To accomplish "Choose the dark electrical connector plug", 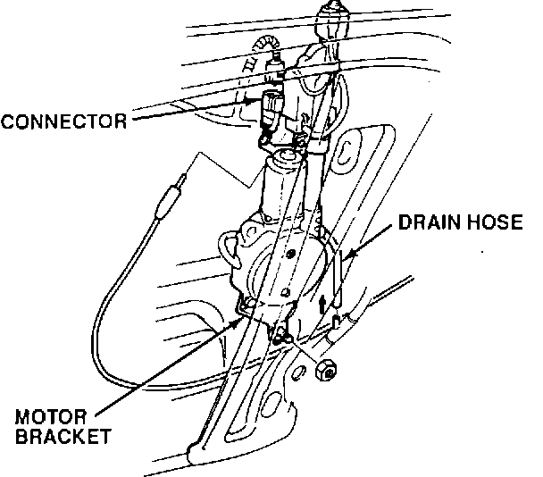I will [271, 107].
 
